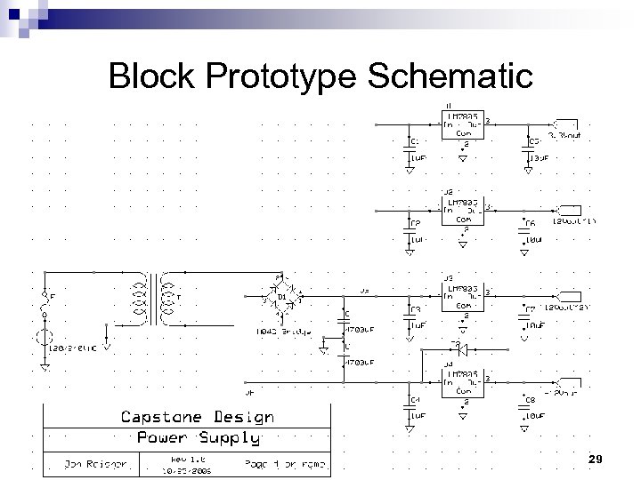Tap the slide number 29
pyautogui.click(x=596, y=459)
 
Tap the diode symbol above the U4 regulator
pyautogui.click(x=461, y=348)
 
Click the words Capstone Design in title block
pyautogui.click(x=197, y=416)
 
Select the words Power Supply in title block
pyautogui.click(x=198, y=437)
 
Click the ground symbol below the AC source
pyautogui.click(x=44, y=365)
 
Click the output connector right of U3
pyautogui.click(x=568, y=294)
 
